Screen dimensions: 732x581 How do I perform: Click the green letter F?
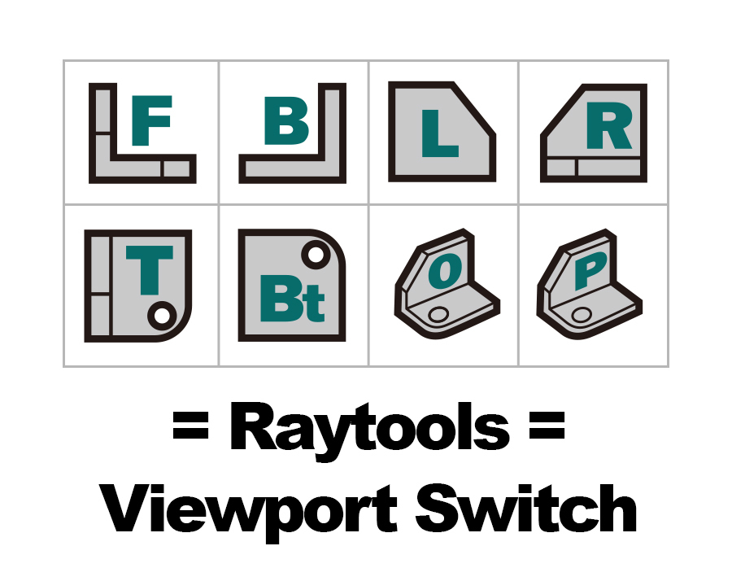pyautogui.click(x=150, y=120)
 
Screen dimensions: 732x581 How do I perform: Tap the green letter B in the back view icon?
pyautogui.click(x=286, y=120)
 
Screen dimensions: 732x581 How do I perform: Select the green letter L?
pyautogui.click(x=439, y=133)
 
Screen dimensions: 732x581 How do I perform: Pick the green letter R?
pyautogui.click(x=609, y=125)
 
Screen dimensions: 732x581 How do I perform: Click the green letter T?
pyautogui.click(x=150, y=270)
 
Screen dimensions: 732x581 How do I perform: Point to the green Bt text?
pyautogui.click(x=292, y=299)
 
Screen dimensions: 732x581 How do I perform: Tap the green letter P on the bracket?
pyautogui.click(x=590, y=270)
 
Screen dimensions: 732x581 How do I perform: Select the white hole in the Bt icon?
pyautogui.click(x=316, y=255)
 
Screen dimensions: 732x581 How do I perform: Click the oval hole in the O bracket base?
pyautogui.click(x=438, y=314)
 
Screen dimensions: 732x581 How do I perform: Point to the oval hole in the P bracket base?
pyautogui.click(x=582, y=314)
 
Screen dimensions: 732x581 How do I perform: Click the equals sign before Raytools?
pyautogui.click(x=190, y=425)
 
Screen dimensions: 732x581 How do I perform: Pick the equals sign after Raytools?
pyautogui.click(x=547, y=425)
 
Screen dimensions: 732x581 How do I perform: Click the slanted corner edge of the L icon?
pyautogui.click(x=473, y=110)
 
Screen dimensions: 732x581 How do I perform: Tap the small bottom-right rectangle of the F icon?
pyautogui.click(x=177, y=168)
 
